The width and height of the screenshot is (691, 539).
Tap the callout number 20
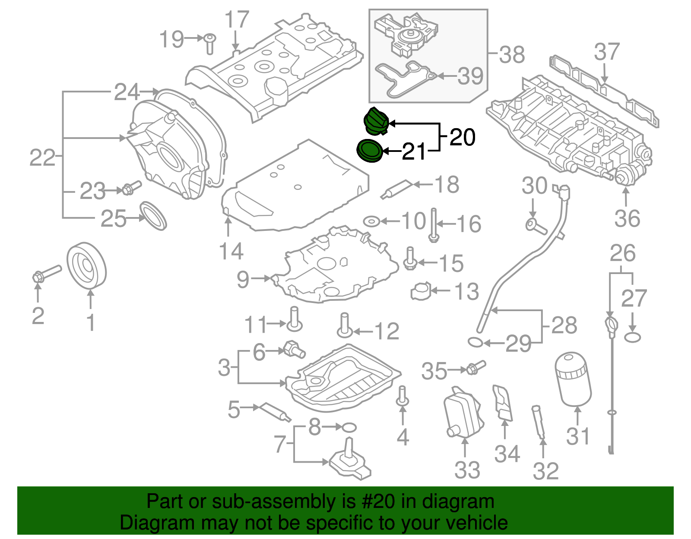[x=462, y=137]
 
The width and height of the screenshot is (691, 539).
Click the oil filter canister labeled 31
[x=573, y=379]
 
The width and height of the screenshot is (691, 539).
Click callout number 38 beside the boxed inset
[x=512, y=55]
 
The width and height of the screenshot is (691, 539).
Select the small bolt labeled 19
[x=209, y=43]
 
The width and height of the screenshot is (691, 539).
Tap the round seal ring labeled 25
[x=154, y=215]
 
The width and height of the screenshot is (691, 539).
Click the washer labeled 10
[x=371, y=222]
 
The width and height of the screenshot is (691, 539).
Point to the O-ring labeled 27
[x=632, y=337]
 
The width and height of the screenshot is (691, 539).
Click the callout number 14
[x=231, y=251]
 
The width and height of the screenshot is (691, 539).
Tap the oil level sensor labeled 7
[x=350, y=462]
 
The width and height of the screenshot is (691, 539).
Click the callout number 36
[x=627, y=218]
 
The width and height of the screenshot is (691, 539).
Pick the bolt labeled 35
[x=475, y=368]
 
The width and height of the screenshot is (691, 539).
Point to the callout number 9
[x=243, y=280]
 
